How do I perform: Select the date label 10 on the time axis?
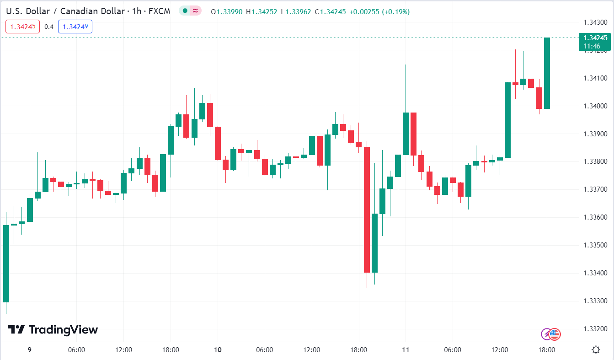pyautogui.click(x=218, y=350)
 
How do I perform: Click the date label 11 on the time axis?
pyautogui.click(x=406, y=350)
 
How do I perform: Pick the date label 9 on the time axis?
pyautogui.click(x=29, y=350)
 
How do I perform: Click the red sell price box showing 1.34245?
pyautogui.click(x=23, y=27)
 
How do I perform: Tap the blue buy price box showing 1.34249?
pyautogui.click(x=75, y=27)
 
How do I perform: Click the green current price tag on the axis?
pyautogui.click(x=594, y=42)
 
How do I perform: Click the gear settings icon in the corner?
pyautogui.click(x=596, y=350)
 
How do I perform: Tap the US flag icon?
pyautogui.click(x=555, y=334)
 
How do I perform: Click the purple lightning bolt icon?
pyautogui.click(x=546, y=334)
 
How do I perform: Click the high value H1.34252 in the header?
pyautogui.click(x=262, y=11)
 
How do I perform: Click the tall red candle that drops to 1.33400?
pyautogui.click(x=367, y=210)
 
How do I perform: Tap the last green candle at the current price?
pyautogui.click(x=547, y=73)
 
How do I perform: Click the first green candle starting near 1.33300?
pyautogui.click(x=6, y=263)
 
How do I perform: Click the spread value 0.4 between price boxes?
pyautogui.click(x=49, y=27)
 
